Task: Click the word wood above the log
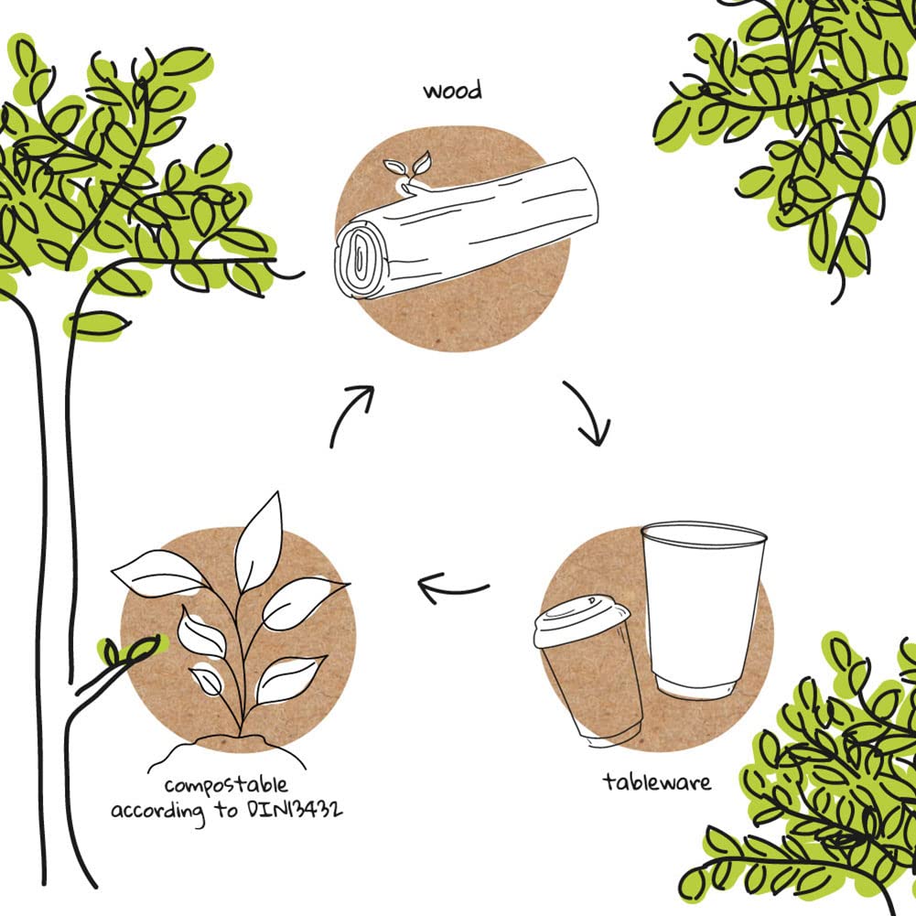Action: click(x=452, y=92)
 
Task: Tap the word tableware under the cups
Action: click(x=657, y=782)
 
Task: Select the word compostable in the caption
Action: click(x=226, y=785)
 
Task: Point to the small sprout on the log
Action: click(x=408, y=170)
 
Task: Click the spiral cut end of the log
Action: click(x=359, y=259)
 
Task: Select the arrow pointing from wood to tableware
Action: click(x=587, y=414)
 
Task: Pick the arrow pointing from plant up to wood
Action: click(x=353, y=413)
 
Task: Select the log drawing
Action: click(x=467, y=229)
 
